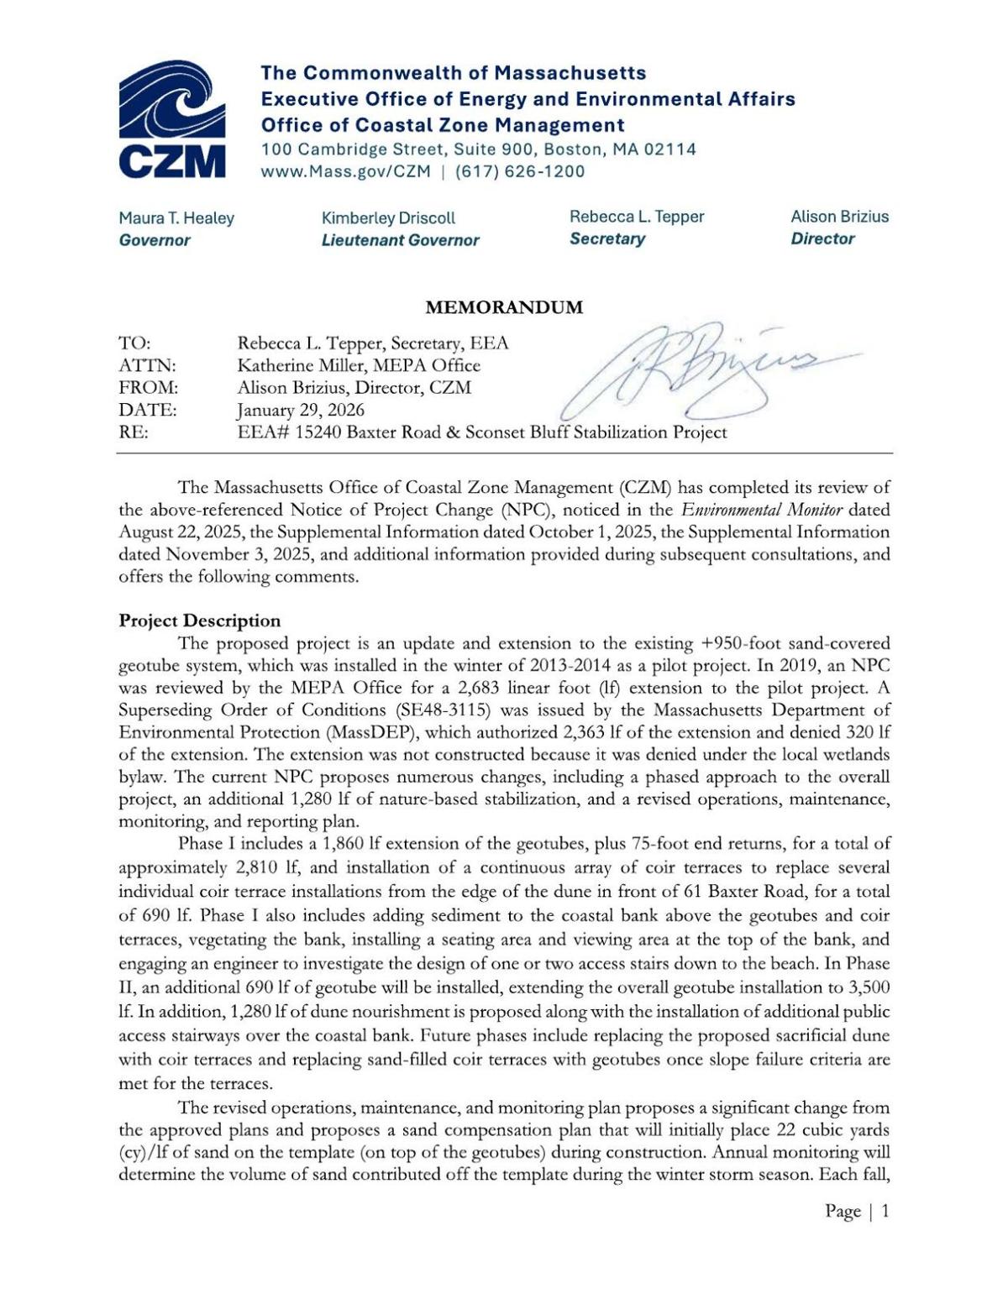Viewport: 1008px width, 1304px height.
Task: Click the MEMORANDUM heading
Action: click(x=504, y=307)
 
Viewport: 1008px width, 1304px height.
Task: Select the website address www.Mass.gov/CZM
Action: click(x=345, y=172)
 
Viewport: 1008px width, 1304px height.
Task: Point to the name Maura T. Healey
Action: click(x=176, y=218)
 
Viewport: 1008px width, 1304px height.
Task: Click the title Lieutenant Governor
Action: click(x=400, y=240)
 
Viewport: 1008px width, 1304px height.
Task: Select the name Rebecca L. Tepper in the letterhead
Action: click(x=637, y=217)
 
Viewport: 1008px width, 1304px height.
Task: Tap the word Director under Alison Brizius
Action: click(x=822, y=238)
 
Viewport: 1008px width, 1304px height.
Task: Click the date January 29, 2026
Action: click(x=301, y=411)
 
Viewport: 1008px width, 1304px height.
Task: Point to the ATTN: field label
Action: click(x=148, y=366)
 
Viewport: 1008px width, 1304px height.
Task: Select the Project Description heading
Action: click(x=200, y=621)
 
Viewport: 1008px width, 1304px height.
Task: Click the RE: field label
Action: click(x=134, y=433)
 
